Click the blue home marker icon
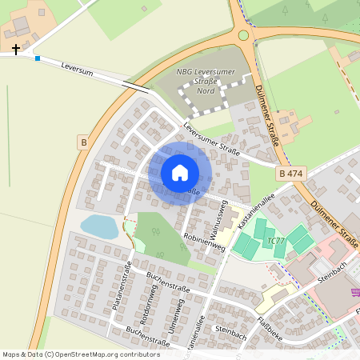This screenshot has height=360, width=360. tap(180, 173)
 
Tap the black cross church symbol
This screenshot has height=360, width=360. tap(16, 49)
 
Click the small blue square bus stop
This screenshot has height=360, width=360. tap(38, 58)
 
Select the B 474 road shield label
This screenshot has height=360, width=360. tap(290, 174)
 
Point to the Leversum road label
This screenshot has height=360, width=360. tap(78, 71)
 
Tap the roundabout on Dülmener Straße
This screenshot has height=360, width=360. tap(245, 34)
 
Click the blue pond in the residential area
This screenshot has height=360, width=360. tap(99, 226)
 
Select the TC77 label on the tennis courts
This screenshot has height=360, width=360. tap(276, 240)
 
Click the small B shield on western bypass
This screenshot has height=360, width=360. tap(83, 142)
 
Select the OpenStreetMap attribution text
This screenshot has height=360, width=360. tap(82, 354)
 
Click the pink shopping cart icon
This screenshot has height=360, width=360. tap(354, 292)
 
